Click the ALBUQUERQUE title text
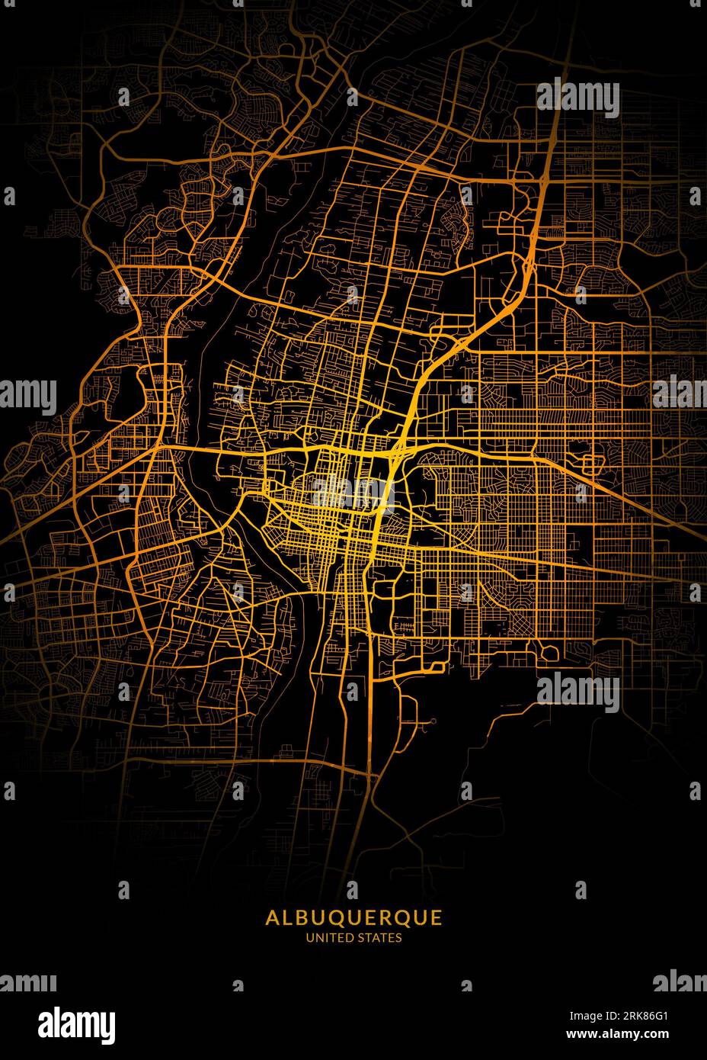(353, 917)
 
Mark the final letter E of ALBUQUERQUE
(436, 917)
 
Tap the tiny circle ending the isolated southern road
(433, 720)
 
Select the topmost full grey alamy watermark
(577, 98)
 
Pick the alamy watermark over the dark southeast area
(577, 692)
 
